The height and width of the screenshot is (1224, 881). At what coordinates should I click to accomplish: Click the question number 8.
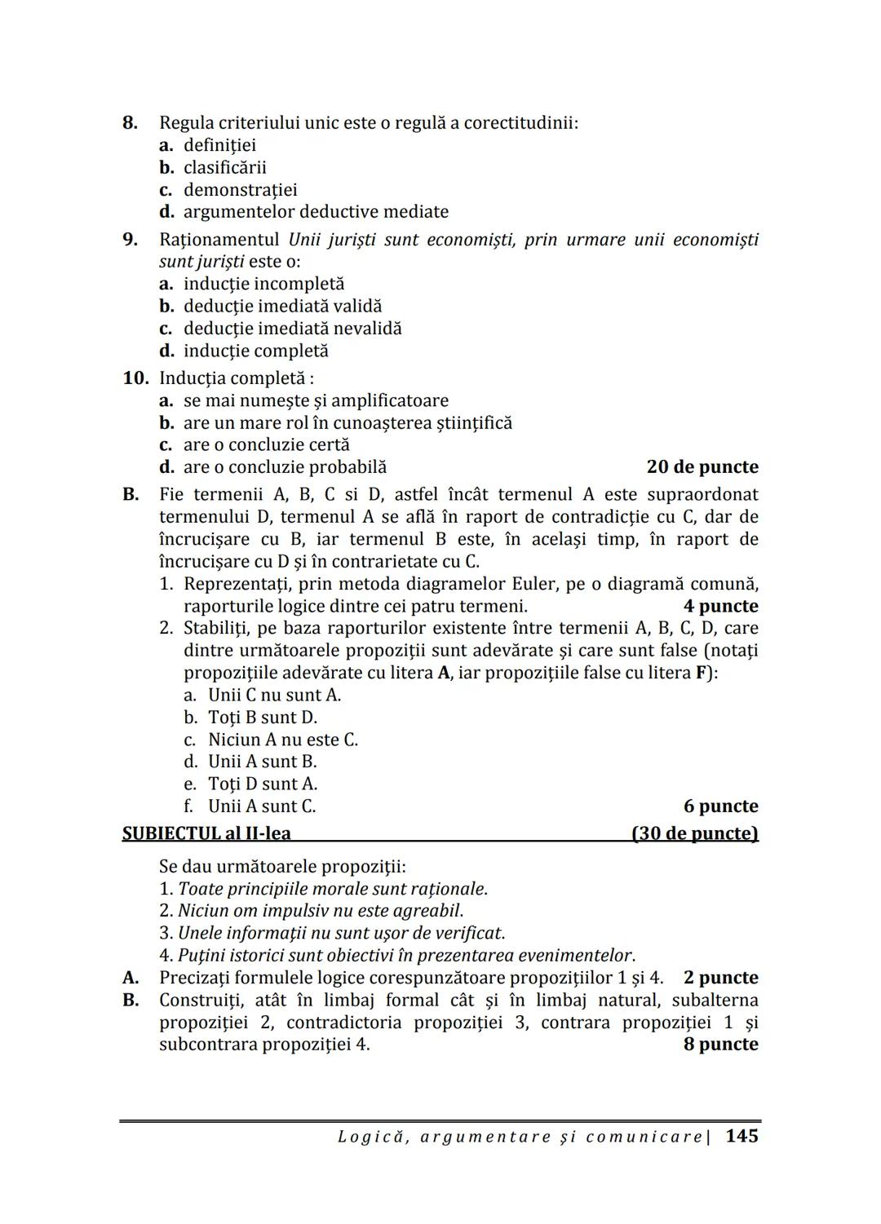[x=130, y=123]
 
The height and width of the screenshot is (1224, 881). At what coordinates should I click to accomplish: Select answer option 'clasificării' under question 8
[x=224, y=168]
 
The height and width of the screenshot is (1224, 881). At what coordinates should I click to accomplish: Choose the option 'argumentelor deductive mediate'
[x=315, y=212]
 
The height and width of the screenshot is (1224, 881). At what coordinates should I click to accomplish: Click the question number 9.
[x=130, y=240]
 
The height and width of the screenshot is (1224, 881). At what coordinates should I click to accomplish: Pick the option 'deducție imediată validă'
[x=282, y=307]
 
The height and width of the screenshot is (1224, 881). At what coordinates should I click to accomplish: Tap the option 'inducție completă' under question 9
[x=255, y=351]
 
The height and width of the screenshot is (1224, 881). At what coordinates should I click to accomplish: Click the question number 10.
[x=136, y=378]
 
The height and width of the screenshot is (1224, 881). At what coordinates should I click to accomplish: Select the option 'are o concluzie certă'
[x=266, y=445]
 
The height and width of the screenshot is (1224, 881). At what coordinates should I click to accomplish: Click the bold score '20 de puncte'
[x=702, y=467]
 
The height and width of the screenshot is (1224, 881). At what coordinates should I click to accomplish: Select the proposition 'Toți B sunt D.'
[x=262, y=718]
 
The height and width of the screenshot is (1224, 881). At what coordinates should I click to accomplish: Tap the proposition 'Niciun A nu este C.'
[x=282, y=740]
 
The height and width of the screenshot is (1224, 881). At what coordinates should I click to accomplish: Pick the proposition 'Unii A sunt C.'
[x=261, y=806]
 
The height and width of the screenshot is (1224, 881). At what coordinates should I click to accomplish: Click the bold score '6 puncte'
[x=720, y=806]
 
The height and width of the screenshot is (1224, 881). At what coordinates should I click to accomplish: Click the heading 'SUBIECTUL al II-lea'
[x=206, y=833]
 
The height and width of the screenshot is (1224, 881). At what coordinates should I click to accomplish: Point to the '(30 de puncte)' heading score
[x=695, y=833]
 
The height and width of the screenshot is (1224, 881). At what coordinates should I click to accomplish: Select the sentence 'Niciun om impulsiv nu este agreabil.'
[x=320, y=911]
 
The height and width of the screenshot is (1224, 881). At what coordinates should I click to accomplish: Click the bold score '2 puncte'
[x=720, y=978]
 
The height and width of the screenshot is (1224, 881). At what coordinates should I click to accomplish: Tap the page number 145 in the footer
[x=742, y=1136]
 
